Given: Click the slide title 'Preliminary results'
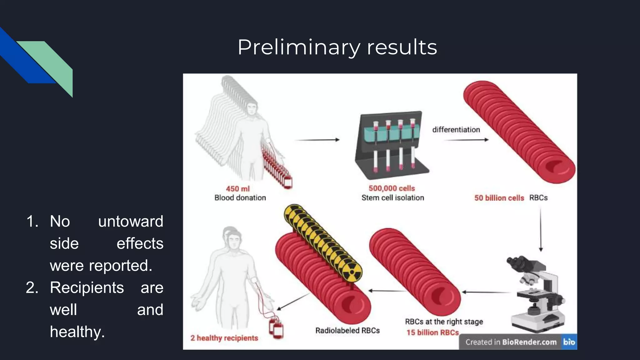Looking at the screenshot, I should tap(337, 47).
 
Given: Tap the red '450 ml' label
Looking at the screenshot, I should tap(238, 189).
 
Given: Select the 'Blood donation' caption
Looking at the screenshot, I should tap(240, 198).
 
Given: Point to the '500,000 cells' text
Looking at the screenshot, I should tap(392, 188).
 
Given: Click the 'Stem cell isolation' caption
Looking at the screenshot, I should tap(392, 198).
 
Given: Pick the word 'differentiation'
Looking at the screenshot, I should tap(456, 130).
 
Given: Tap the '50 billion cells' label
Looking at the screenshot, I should tap(499, 198).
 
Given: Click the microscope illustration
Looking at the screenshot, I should tap(536, 294).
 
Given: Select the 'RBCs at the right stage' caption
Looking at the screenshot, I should tap(444, 322).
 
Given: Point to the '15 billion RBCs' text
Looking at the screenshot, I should tap(432, 332).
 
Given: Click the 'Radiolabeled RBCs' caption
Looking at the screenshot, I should tap(347, 331).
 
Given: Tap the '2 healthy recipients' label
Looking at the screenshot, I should tap(224, 338).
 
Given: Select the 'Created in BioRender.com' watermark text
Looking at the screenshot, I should tap(511, 342).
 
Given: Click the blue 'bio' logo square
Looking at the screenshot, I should tap(569, 342).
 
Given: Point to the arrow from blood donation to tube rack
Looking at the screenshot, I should tap(317, 140).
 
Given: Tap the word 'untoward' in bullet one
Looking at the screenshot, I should tap(131, 222).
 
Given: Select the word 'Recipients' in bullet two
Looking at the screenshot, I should tap(87, 287).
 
